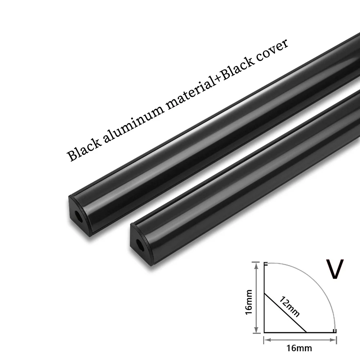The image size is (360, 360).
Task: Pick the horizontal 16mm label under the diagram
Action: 300,348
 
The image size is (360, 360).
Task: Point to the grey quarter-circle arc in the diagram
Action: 320,284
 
